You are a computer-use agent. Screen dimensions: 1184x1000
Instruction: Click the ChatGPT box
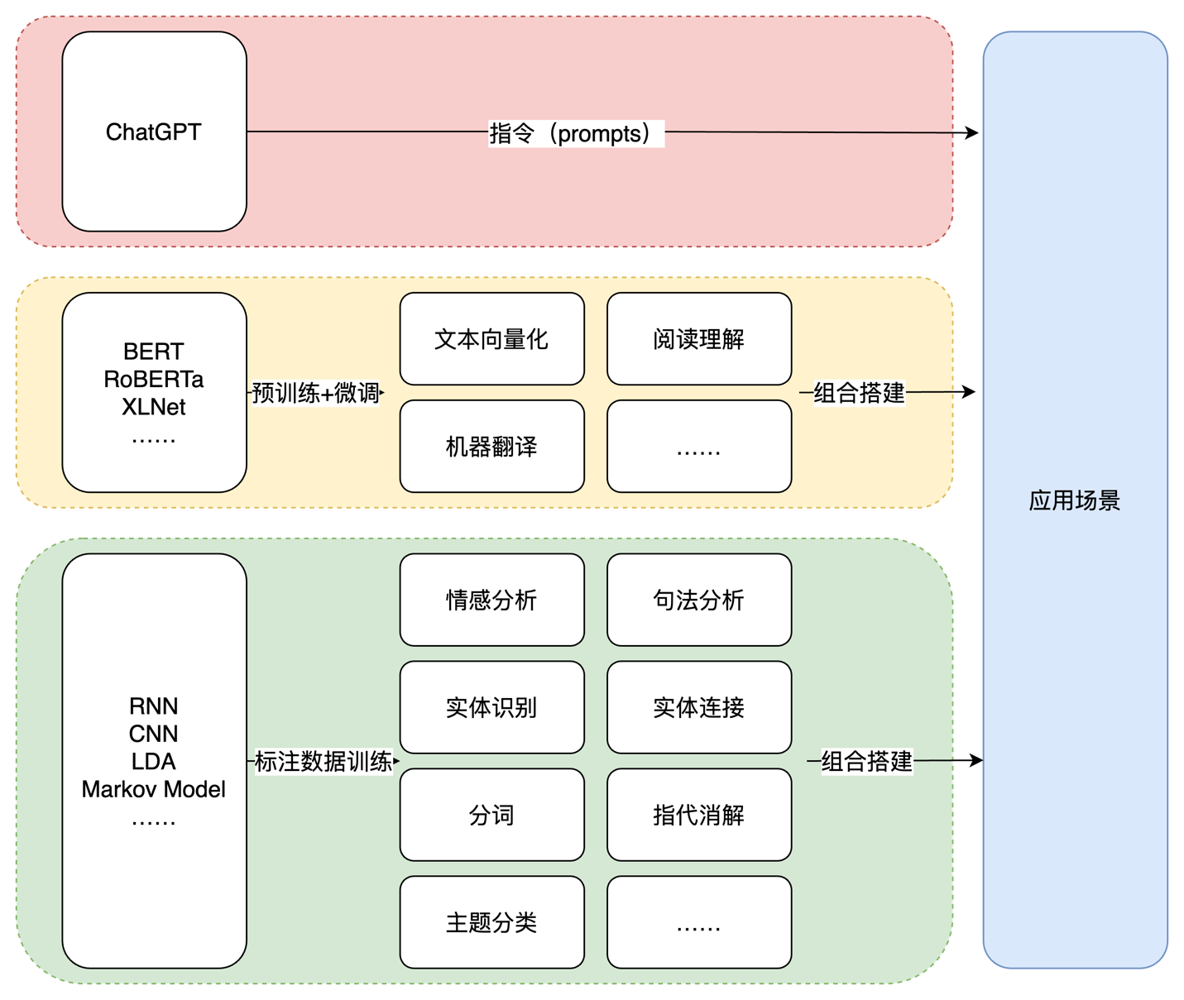154,132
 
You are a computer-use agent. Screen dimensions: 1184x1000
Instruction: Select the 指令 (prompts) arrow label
576,134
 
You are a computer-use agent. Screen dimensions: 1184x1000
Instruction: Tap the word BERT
154,352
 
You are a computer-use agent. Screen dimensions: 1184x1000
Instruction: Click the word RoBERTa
154,380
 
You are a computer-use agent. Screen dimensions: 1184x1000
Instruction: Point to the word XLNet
154,407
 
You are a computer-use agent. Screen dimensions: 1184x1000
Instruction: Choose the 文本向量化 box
492,339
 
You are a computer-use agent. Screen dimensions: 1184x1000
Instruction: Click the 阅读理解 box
699,339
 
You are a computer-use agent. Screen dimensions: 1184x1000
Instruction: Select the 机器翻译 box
492,447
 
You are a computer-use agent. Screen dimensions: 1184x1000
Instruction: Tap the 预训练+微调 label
315,393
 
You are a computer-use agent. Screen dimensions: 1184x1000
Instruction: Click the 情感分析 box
492,600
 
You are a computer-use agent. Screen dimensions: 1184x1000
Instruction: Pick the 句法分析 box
699,600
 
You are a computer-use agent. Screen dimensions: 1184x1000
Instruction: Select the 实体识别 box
492,707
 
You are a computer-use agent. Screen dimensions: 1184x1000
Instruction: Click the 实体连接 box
699,707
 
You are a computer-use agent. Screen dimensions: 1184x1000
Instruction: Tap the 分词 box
492,816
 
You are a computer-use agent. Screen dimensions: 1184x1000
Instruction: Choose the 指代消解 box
699,816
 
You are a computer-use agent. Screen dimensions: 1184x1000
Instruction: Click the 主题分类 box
492,922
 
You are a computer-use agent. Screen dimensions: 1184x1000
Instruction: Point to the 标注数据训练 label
324,761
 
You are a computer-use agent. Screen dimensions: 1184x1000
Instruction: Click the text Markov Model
154,790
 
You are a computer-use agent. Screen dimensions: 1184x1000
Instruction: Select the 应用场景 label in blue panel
1075,500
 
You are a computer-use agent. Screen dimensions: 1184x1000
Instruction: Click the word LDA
154,762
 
